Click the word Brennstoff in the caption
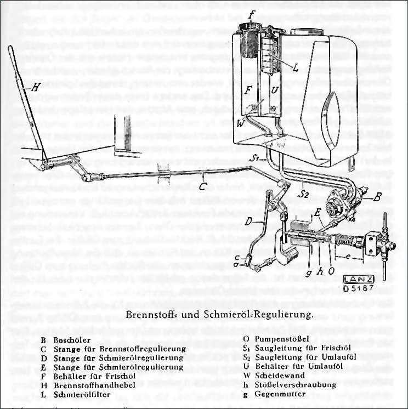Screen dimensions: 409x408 (151, 315)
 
